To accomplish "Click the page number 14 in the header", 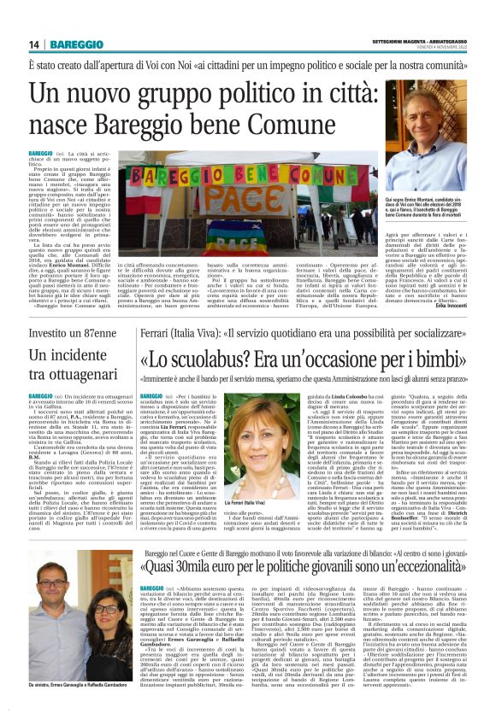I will pyautogui.click(x=34, y=44).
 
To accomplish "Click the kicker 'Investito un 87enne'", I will pyautogui.click(x=73, y=331).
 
